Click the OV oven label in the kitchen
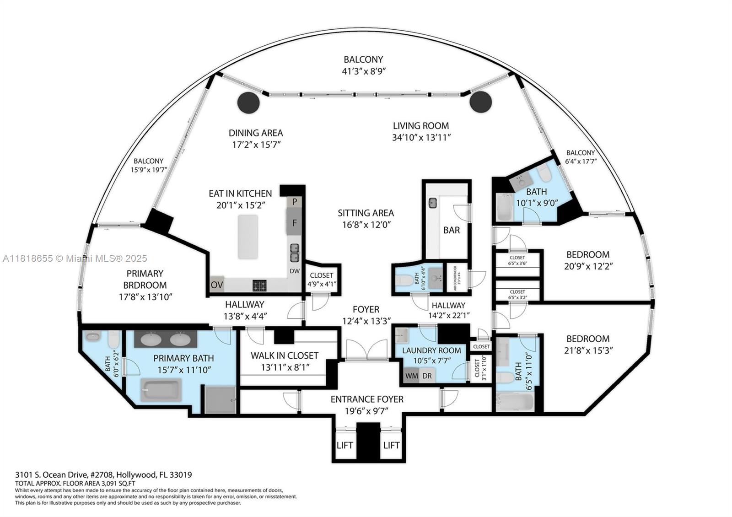click(x=217, y=285)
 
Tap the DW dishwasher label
click(x=295, y=271)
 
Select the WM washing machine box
click(x=411, y=376)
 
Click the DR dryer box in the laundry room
click(x=427, y=376)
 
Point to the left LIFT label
click(x=344, y=445)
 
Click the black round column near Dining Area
click(x=248, y=102)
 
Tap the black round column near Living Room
click(x=480, y=102)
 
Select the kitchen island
click(x=248, y=237)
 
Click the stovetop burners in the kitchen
click(x=260, y=286)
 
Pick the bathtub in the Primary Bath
click(x=161, y=390)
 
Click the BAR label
click(x=451, y=230)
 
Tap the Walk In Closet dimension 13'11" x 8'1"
click(x=284, y=367)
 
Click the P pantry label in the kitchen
click(x=295, y=202)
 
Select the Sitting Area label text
click(x=366, y=213)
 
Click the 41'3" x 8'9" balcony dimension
click(x=363, y=71)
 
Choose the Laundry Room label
click(x=431, y=350)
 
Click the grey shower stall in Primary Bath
click(x=221, y=399)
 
